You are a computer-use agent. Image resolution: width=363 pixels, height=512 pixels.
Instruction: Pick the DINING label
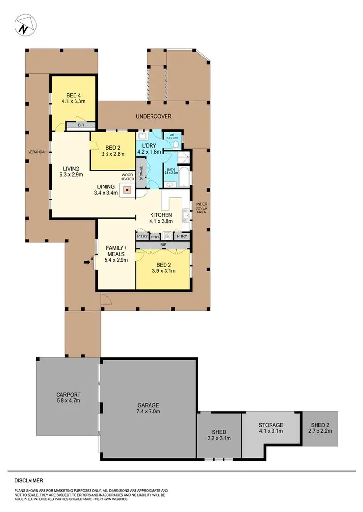coord(105,187)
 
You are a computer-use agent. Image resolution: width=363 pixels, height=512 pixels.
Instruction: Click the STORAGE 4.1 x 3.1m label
coord(271,427)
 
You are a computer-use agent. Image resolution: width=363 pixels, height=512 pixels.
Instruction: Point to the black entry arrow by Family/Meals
coord(88,262)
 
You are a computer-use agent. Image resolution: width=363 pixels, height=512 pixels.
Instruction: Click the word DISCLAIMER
coord(29,481)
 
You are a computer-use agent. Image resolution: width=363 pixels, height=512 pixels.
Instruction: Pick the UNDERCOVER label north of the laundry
coord(154,116)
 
